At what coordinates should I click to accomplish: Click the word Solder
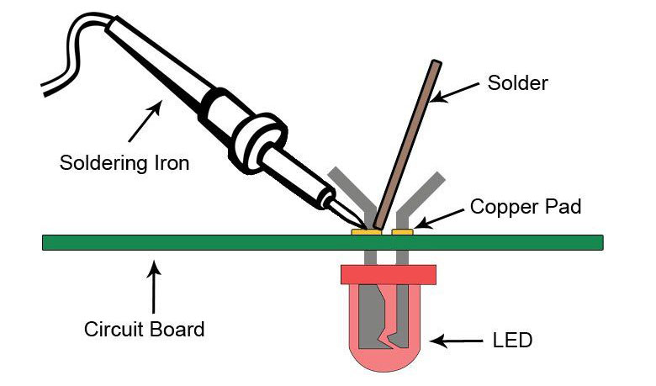[517, 83]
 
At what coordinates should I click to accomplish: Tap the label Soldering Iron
[124, 162]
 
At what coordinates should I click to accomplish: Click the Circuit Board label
[144, 329]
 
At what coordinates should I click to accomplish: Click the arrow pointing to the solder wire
[453, 93]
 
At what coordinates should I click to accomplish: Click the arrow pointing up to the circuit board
[152, 287]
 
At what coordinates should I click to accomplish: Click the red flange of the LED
[388, 274]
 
